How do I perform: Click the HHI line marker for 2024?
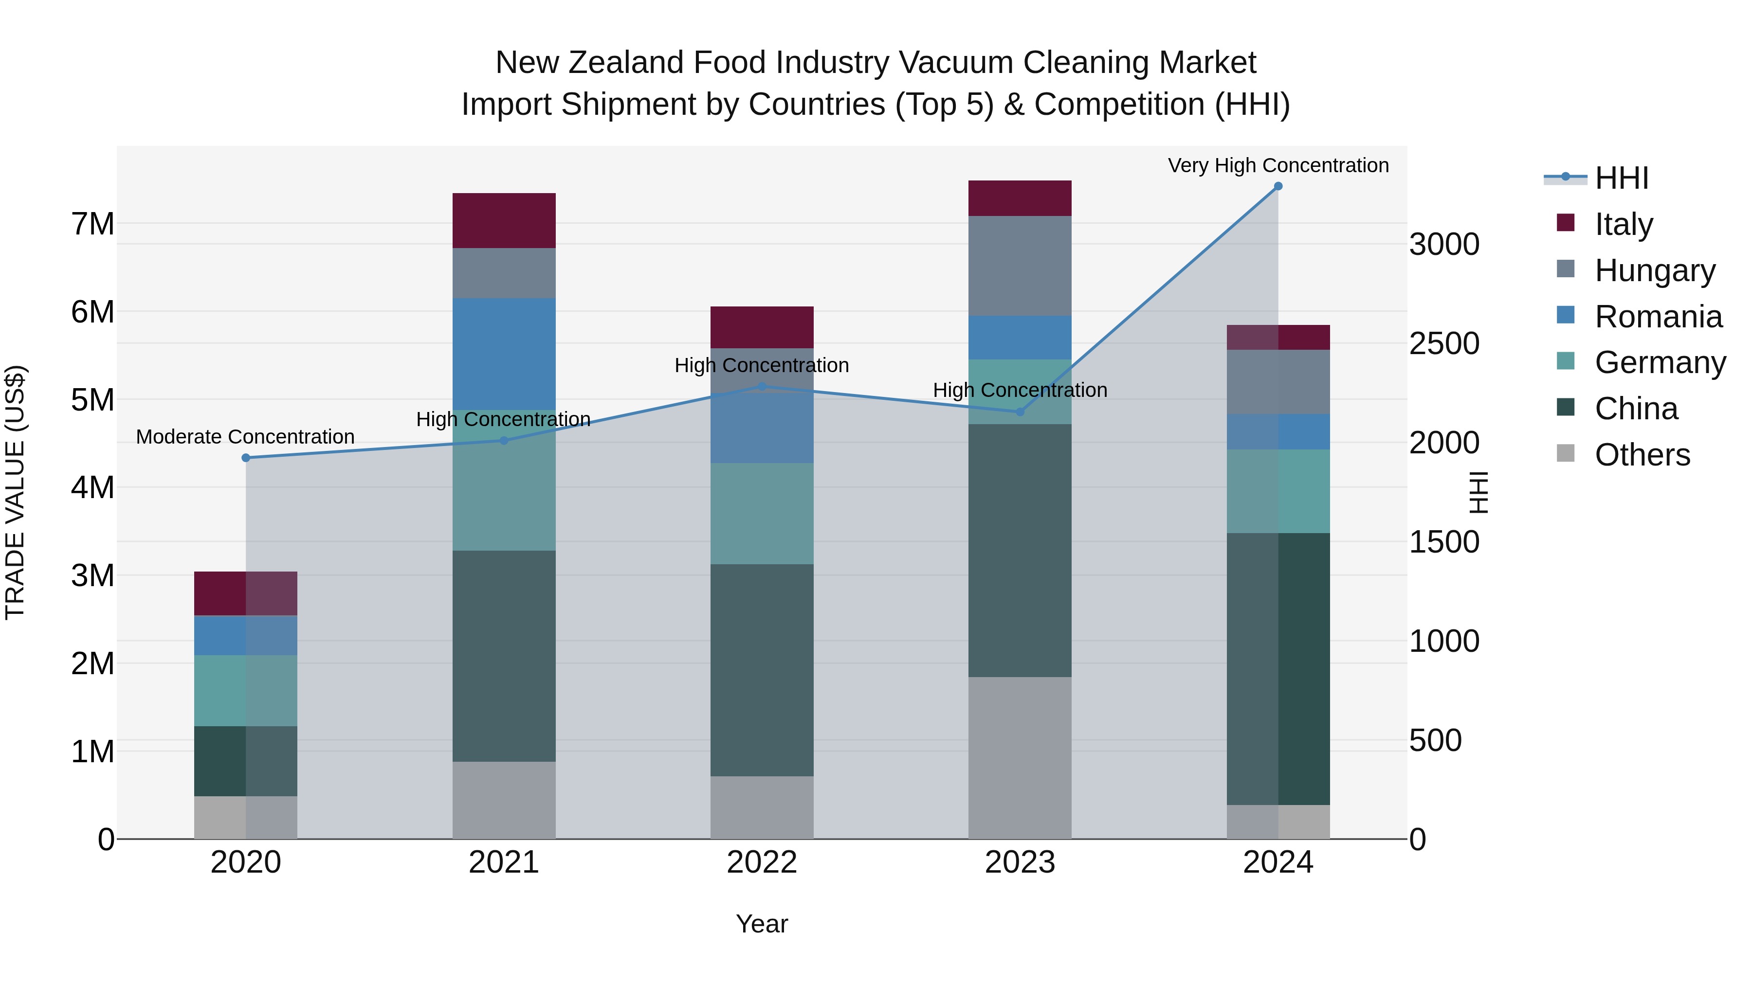[x=1278, y=186]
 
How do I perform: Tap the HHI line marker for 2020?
[x=246, y=458]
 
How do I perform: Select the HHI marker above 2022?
[x=762, y=386]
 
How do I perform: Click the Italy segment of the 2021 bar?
[x=504, y=220]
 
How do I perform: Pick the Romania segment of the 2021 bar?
[x=504, y=354]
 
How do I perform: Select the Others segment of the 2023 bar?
[x=1020, y=757]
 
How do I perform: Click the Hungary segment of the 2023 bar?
[x=1020, y=265]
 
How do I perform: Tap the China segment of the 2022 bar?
[x=762, y=670]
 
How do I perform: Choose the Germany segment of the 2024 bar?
[x=1278, y=491]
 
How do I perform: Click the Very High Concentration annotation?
[x=1278, y=165]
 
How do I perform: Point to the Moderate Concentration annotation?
[x=246, y=436]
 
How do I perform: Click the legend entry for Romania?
[x=1658, y=317]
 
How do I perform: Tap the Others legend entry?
[x=1642, y=455]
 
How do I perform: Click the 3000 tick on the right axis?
[x=1444, y=244]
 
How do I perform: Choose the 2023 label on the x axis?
[x=1020, y=862]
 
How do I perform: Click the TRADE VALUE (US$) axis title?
[x=15, y=492]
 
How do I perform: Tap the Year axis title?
[x=762, y=924]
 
